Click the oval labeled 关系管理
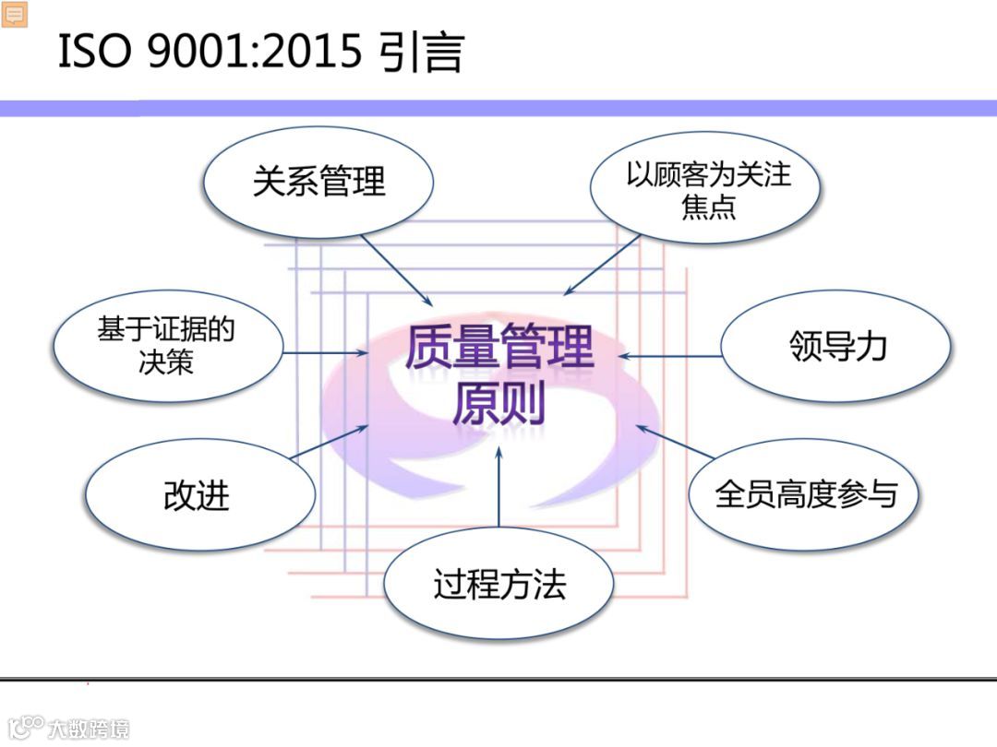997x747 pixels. (318, 181)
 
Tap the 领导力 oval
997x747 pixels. (836, 346)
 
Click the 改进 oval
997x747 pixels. (196, 495)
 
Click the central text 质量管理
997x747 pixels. (498, 349)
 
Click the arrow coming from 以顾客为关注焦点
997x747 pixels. (602, 265)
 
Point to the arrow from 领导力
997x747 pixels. (669, 355)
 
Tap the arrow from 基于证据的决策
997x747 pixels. (323, 353)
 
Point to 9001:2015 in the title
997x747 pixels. (253, 53)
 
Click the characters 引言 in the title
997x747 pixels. (420, 53)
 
